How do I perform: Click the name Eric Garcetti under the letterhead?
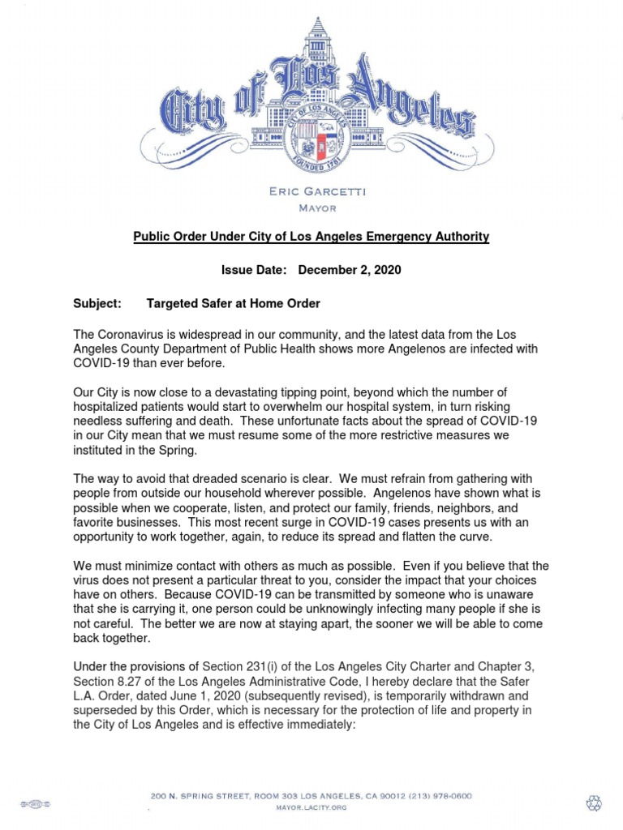pyautogui.click(x=311, y=191)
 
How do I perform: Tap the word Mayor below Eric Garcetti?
pyautogui.click(x=311, y=207)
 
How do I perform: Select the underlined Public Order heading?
pyautogui.click(x=311, y=237)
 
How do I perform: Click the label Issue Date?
pyautogui.click(x=254, y=270)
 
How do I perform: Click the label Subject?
pyautogui.click(x=97, y=303)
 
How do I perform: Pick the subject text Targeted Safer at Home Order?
pyautogui.click(x=233, y=303)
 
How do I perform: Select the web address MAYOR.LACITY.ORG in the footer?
pyautogui.click(x=311, y=807)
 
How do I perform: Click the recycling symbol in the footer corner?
pyautogui.click(x=594, y=802)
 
